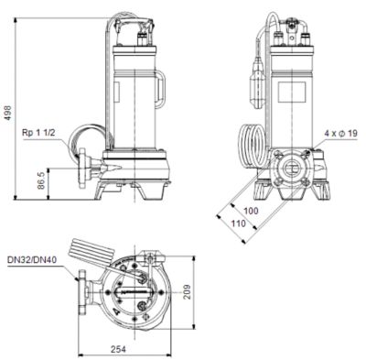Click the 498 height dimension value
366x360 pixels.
(x=9, y=113)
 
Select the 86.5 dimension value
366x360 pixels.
(x=41, y=180)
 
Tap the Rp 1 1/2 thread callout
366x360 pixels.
(x=38, y=133)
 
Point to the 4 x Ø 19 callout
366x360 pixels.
(x=340, y=134)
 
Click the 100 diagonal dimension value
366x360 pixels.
(x=251, y=211)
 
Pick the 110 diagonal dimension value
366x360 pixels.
(x=238, y=224)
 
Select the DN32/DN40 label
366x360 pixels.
(x=32, y=260)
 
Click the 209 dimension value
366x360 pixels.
(x=187, y=292)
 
